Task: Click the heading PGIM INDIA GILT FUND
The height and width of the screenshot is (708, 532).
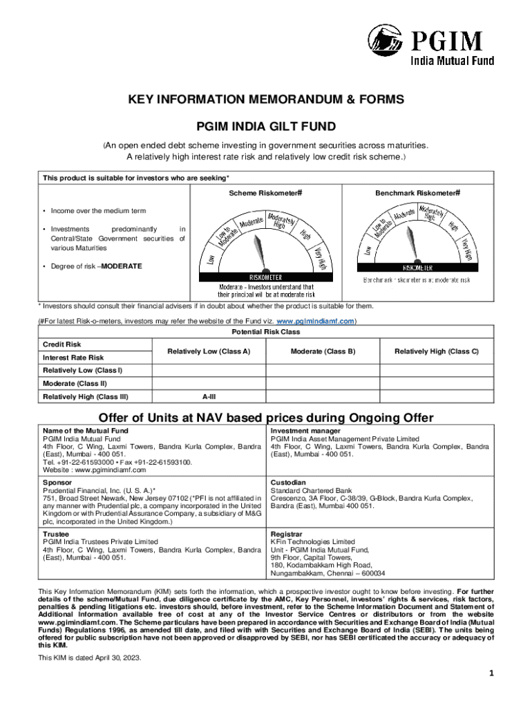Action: [x=266, y=127]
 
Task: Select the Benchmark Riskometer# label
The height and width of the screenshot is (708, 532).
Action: [x=418, y=193]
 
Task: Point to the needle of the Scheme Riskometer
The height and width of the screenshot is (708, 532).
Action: [x=257, y=245]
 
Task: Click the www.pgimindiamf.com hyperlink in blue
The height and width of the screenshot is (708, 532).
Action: [x=315, y=322]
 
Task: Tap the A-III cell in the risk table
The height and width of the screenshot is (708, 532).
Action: [x=209, y=397]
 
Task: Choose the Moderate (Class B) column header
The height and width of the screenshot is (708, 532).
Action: [x=323, y=351]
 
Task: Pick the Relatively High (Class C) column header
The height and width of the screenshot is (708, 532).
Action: [x=437, y=351]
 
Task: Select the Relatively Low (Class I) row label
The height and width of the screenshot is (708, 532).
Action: [x=82, y=371]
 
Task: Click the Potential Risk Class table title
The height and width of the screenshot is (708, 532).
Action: [x=266, y=332]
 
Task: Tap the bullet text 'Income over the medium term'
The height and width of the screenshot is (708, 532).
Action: [x=97, y=211]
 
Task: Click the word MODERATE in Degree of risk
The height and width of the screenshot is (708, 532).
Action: [x=122, y=266]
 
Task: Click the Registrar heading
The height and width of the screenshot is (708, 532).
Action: [x=286, y=534]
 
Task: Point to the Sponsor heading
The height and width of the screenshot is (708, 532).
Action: [x=57, y=482]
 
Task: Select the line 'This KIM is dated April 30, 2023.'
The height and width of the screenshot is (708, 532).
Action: [x=89, y=658]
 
